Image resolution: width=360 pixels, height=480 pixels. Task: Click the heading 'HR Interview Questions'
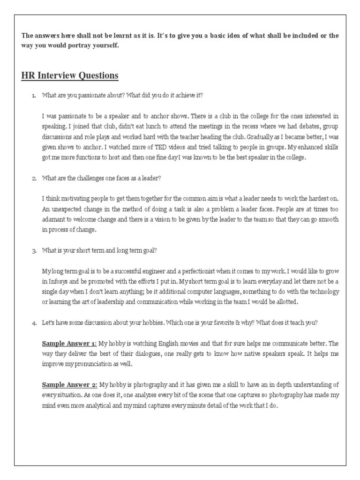tap(69, 75)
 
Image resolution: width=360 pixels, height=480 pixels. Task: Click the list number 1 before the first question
tap(33, 96)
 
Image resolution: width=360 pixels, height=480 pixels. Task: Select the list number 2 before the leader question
tap(33, 178)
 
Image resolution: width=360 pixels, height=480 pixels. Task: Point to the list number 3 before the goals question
tap(33, 251)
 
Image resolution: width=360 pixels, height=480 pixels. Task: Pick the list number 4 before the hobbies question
tap(33, 323)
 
